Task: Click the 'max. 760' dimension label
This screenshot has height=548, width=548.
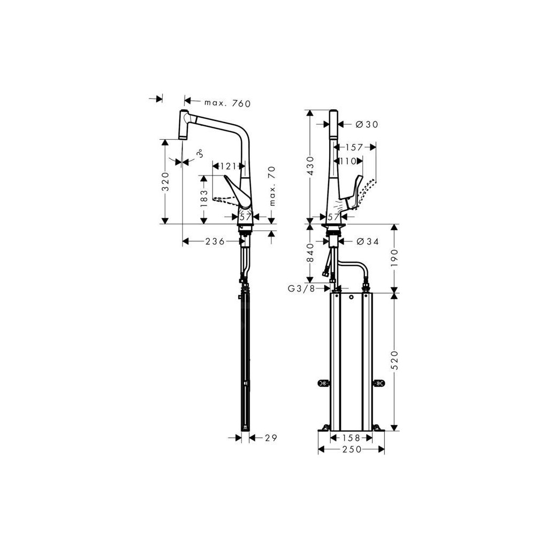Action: tap(227, 103)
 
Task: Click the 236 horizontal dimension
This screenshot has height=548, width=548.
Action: tap(214, 242)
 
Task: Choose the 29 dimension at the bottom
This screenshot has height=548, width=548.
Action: tap(270, 438)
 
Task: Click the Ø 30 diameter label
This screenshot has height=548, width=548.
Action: tap(367, 124)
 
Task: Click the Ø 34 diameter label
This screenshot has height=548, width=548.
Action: tap(367, 242)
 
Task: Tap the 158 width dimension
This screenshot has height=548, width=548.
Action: tap(352, 438)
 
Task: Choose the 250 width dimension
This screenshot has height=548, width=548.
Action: tap(352, 450)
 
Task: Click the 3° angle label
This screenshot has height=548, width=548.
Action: tap(199, 154)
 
